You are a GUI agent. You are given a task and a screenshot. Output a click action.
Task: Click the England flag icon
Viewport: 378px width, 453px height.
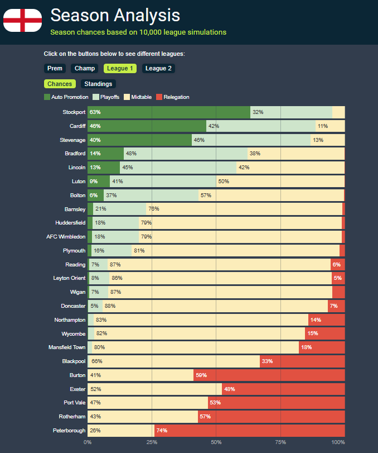tap(22, 21)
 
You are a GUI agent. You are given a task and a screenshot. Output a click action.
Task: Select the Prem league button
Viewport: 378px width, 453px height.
tap(55, 68)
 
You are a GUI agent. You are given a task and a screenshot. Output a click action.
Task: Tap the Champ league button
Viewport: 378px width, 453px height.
tap(85, 68)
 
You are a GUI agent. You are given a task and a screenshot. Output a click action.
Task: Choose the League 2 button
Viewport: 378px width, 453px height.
tap(159, 68)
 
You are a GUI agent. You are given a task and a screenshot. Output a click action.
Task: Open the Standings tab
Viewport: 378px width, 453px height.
tap(98, 84)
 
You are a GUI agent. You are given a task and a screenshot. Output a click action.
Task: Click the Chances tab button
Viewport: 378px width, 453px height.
tap(60, 84)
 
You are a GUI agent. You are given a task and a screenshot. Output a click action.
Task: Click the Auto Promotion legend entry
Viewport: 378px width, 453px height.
tap(66, 97)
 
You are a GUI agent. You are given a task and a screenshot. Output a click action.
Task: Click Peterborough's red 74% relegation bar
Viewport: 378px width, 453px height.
tap(249, 431)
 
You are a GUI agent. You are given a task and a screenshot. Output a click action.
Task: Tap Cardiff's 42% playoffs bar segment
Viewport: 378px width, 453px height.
tap(261, 126)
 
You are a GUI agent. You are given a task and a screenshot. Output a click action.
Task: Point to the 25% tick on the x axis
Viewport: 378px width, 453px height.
tap(152, 442)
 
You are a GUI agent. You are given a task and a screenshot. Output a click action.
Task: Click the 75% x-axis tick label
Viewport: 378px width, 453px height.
tap(280, 442)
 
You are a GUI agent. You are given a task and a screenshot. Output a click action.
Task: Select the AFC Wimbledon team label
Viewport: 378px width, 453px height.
tap(66, 237)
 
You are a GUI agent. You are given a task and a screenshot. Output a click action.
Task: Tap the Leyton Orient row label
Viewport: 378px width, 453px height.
tap(69, 278)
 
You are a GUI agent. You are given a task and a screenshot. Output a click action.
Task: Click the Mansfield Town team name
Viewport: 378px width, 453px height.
tap(67, 347)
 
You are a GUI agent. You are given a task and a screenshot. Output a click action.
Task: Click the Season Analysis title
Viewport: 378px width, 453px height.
tap(115, 15)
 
